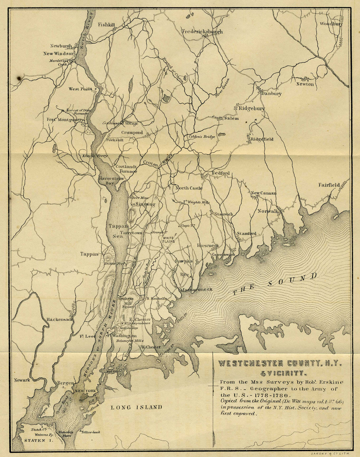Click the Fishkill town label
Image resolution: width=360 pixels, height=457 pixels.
click(106, 25)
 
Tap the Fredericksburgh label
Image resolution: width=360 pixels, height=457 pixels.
click(202, 32)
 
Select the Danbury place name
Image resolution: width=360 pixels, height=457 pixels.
click(271, 94)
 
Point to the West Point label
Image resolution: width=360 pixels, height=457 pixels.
click(80, 89)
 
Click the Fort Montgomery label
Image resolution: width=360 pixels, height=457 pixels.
click(65, 119)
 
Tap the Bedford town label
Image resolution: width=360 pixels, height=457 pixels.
click(220, 173)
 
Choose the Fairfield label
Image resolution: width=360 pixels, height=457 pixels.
click(329, 185)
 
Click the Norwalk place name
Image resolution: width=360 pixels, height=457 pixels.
click(268, 211)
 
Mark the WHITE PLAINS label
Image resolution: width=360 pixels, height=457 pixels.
click(169, 240)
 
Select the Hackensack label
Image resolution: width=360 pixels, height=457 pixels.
click(60, 320)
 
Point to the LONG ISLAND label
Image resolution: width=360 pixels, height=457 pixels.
click(136, 407)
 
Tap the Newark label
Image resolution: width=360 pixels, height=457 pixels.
click(22, 380)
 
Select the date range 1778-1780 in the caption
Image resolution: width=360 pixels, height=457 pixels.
click(273, 395)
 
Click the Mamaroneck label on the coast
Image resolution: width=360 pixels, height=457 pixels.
click(196, 289)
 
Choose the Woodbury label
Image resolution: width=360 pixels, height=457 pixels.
click(331, 24)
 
